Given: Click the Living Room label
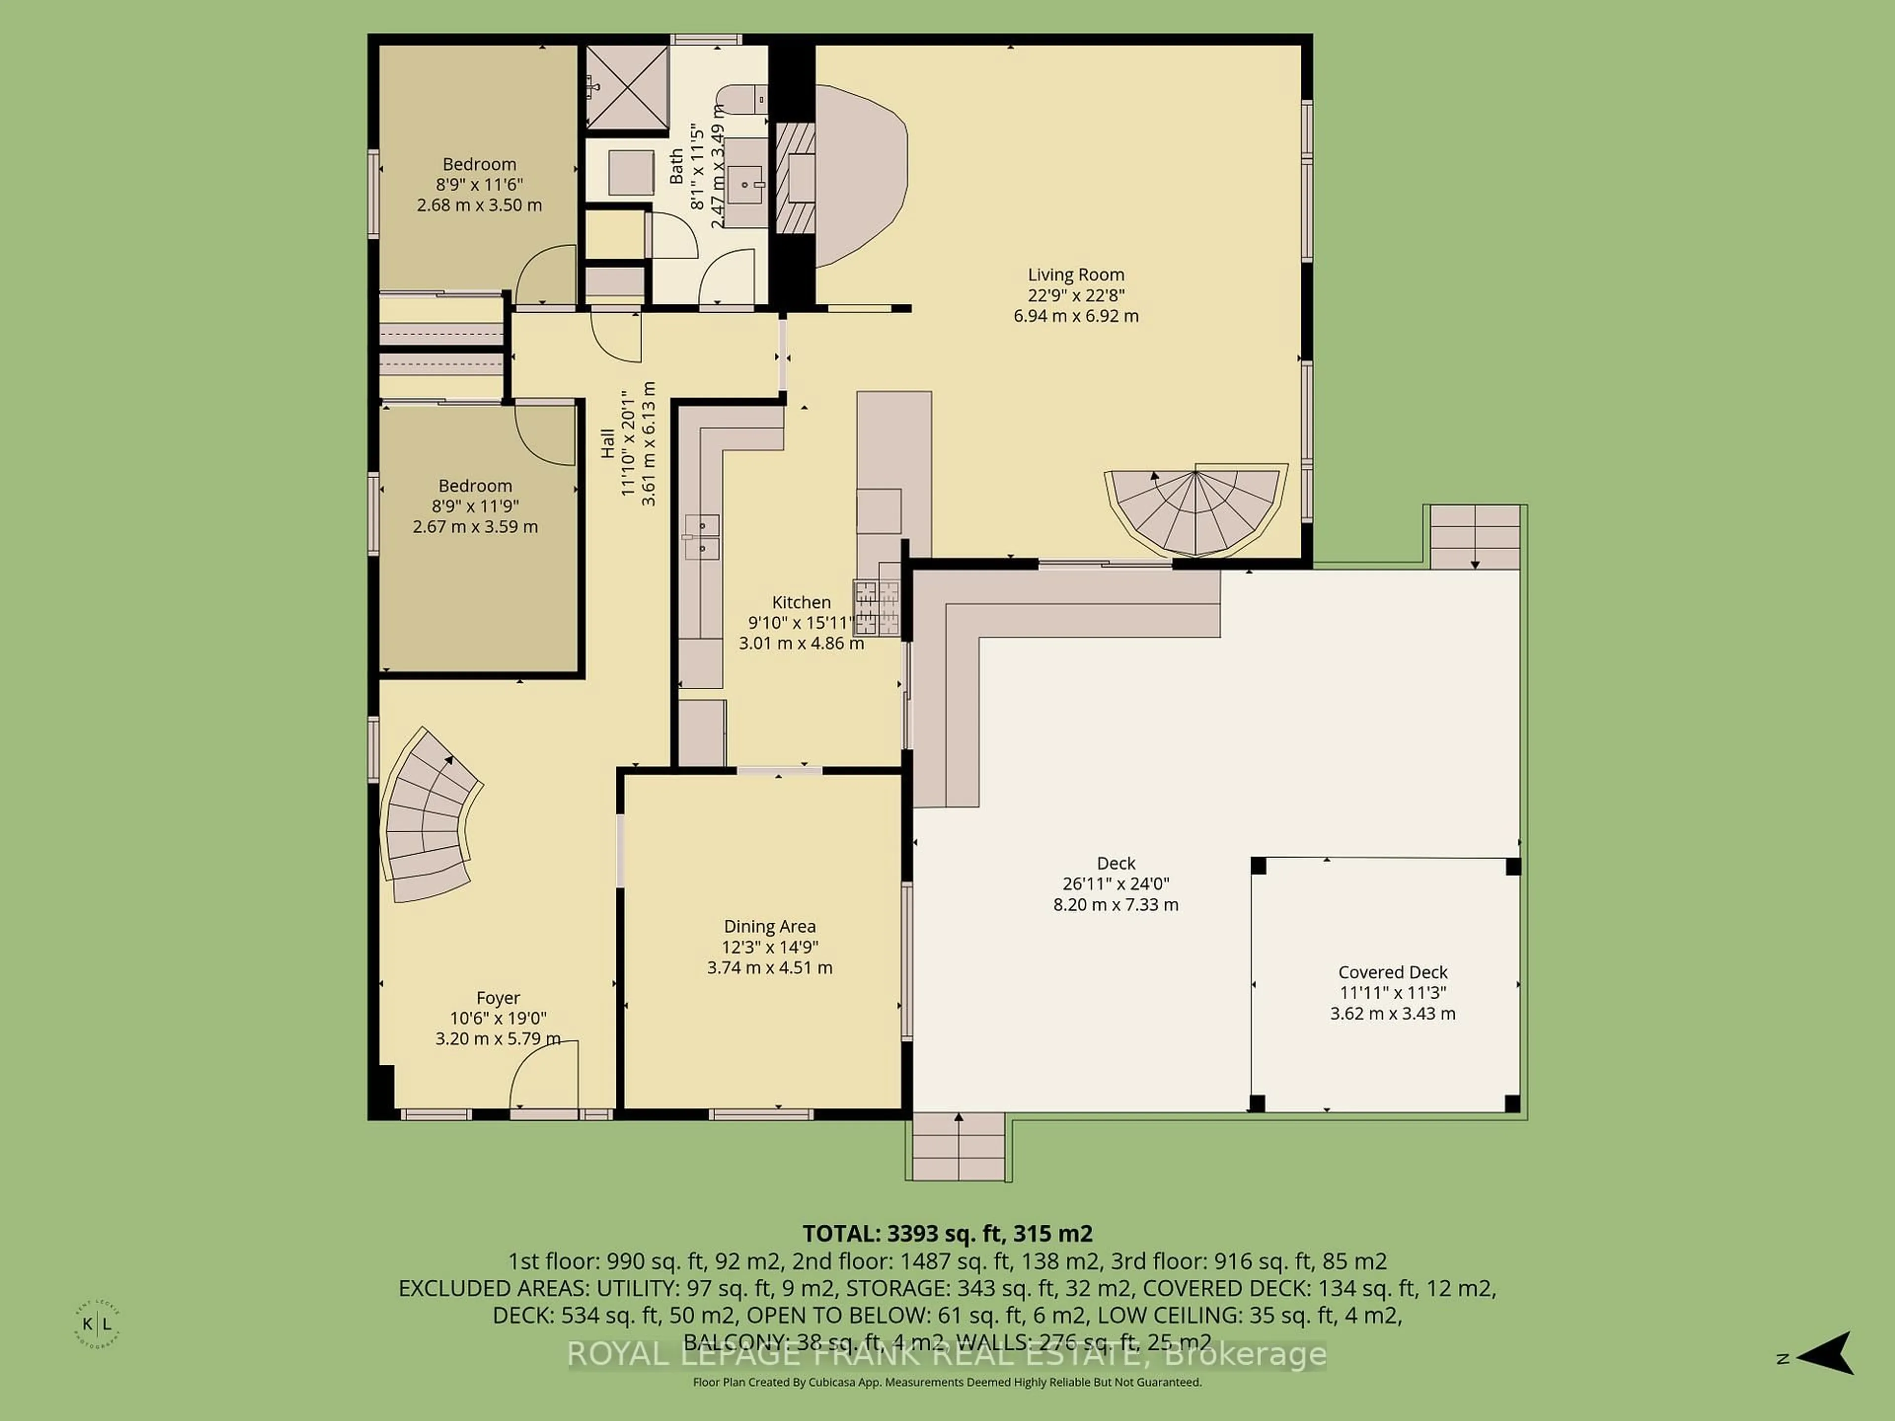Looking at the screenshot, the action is pos(1075,275).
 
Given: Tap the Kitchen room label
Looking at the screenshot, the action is pos(801,602).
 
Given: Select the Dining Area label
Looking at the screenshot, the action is pos(769,926).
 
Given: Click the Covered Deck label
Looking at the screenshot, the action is pos(1392,972).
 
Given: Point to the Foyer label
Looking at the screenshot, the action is pos(498,998).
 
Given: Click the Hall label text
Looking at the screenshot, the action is pos(607,443).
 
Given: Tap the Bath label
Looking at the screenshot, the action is pos(677,166).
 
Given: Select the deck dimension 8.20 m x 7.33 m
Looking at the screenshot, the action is pos(1115,904).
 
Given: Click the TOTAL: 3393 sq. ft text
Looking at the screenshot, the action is pos(947,1234).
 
